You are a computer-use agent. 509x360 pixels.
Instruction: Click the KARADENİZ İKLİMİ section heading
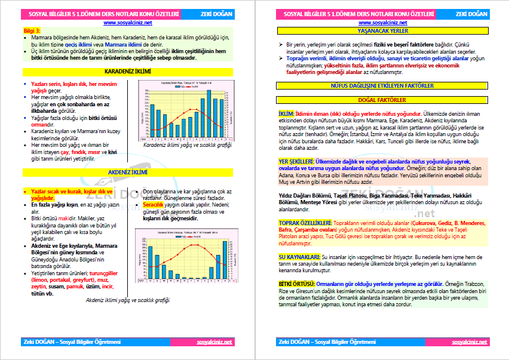pos(127,72)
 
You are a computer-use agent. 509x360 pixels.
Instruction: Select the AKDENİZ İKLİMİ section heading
pos(127,172)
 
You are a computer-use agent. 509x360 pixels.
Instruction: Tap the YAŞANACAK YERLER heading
pos(382,30)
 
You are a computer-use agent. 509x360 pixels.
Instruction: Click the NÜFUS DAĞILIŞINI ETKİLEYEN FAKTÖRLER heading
pos(382,86)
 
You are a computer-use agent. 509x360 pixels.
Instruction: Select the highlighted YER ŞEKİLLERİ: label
pos(296,162)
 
